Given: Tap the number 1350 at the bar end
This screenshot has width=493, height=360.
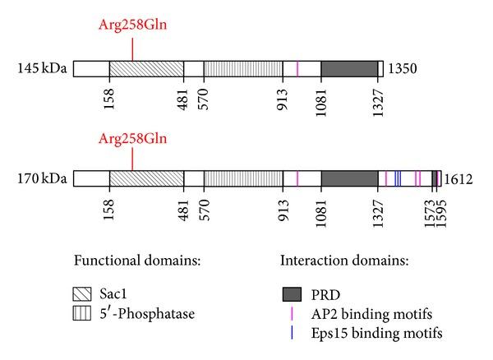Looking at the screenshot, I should tap(403, 68).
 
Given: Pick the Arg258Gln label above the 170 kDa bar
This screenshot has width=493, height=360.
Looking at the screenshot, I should tap(131, 139).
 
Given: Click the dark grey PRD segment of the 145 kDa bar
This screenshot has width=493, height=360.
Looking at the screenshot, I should tap(349, 68).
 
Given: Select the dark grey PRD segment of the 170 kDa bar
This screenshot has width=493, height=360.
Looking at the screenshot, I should tap(349, 178).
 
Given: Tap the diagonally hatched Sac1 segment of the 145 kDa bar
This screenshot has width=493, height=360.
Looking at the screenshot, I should tap(146, 68).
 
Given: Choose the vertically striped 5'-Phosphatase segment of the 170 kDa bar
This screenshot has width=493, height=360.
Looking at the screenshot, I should tap(243, 178).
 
